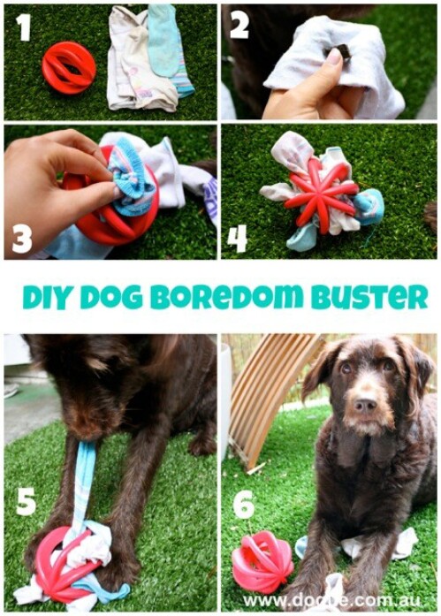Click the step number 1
pos(23,28)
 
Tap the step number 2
pos(240,27)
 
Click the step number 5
pos(26,501)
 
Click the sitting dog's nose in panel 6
pos(364,406)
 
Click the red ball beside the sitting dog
pos(262,561)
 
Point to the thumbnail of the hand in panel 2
pos(334,58)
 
